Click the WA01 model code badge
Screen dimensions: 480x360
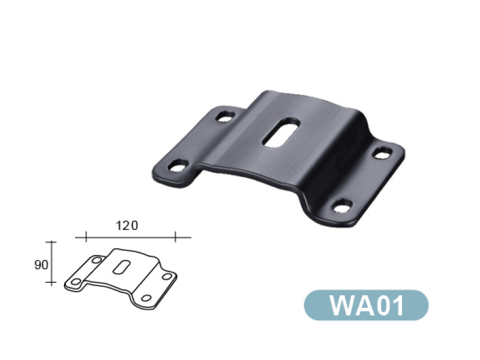(366, 305)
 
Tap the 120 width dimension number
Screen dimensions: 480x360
(127, 226)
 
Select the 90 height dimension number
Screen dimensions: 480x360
(41, 265)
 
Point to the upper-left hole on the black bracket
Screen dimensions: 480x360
(226, 116)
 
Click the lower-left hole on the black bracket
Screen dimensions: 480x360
(178, 166)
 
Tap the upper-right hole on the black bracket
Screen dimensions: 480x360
(383, 153)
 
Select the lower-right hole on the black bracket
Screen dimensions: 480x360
(343, 205)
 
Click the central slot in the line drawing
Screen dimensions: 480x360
(122, 267)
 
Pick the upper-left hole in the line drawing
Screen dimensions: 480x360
(97, 260)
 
